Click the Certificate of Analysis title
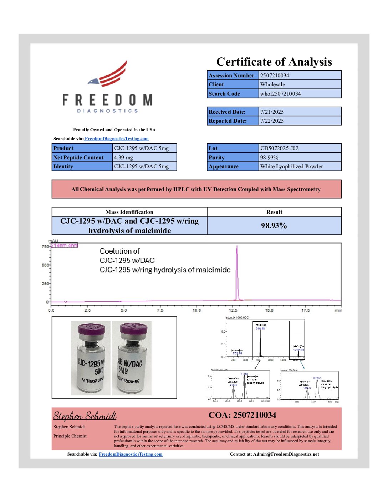pos(274,62)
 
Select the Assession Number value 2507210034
pos(275,75)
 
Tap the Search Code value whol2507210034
pos(280,93)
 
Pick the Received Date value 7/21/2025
pos(272,112)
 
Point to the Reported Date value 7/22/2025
pos(272,121)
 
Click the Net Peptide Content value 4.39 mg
pos(123,157)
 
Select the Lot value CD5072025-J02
pos(279,148)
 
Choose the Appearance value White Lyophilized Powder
pos(291,166)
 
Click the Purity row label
pos(217,157)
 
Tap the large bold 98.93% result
pos(274,225)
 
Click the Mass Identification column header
pos(129,212)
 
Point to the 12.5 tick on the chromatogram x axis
pos(233,310)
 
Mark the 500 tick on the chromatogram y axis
pos(45,265)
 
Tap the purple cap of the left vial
pos(91,329)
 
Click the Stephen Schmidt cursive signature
pos(85,416)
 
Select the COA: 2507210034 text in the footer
pos(242,415)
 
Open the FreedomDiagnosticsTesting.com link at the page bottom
pos(131,454)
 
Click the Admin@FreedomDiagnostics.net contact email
pos(286,454)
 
